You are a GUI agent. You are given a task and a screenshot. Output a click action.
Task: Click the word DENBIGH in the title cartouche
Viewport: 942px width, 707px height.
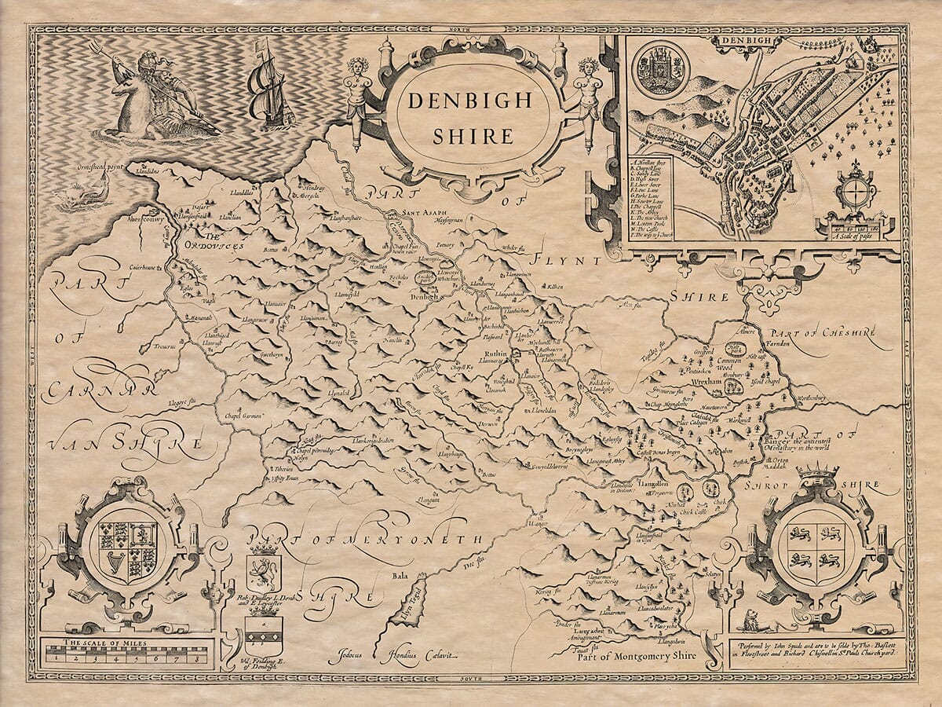[x=469, y=100]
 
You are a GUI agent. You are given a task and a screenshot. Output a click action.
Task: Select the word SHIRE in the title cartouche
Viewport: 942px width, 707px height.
[x=469, y=135]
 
